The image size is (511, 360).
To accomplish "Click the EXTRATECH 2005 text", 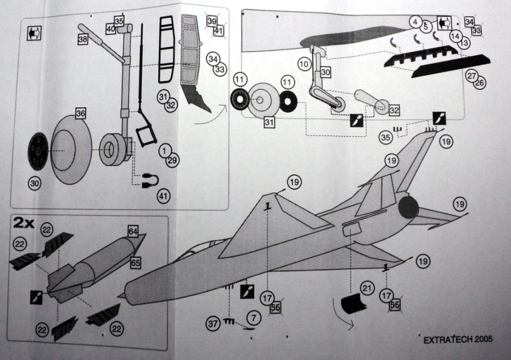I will pyautogui.click(x=457, y=340).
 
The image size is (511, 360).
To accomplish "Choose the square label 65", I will pyautogui.click(x=136, y=262).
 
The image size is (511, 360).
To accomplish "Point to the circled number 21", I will pyautogui.click(x=366, y=288).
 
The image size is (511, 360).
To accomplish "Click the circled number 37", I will pyautogui.click(x=213, y=323).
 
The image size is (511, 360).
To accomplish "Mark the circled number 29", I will pyautogui.click(x=172, y=160).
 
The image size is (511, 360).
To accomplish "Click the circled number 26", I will pyautogui.click(x=478, y=82).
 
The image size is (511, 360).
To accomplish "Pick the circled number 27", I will pyautogui.click(x=472, y=75).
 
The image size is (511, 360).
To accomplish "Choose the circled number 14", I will pyautogui.click(x=455, y=35).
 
